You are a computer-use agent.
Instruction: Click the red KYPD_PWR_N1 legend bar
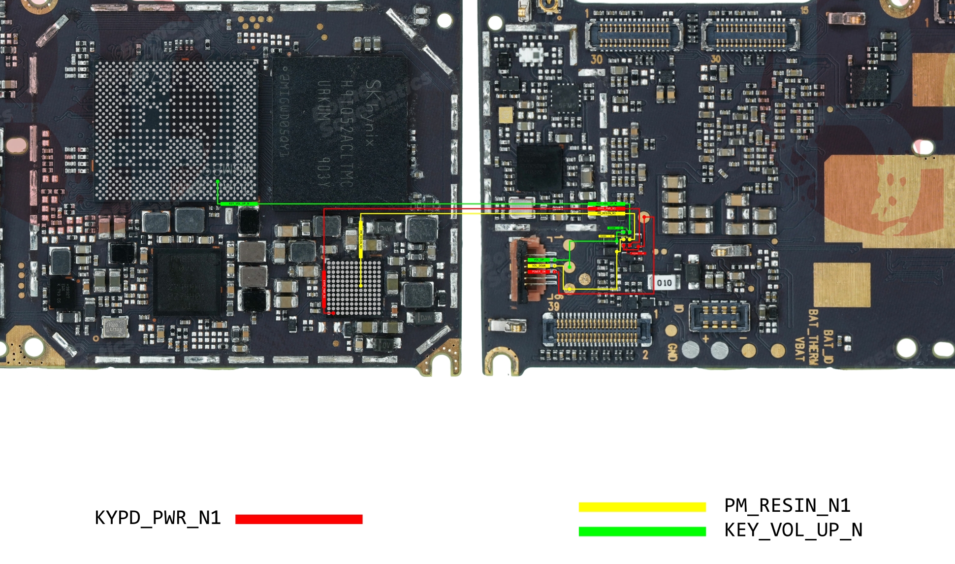pos(299,519)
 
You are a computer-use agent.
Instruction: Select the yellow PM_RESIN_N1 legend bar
pos(642,507)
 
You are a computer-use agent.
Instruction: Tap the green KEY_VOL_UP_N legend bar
pos(642,531)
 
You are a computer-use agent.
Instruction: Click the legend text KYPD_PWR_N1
pos(158,518)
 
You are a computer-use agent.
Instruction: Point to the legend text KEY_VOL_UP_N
pos(793,530)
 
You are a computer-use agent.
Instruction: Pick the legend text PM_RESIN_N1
pos(787,506)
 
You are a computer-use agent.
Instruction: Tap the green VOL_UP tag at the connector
pos(539,260)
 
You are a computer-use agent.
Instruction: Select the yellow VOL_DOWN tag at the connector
pos(539,265)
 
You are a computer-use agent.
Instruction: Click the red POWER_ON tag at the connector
pos(539,271)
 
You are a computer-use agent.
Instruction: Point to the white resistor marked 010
pos(665,283)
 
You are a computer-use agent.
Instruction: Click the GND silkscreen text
pos(672,353)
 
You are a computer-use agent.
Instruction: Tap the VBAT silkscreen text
pos(800,349)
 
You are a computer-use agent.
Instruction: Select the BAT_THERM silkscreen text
pos(813,337)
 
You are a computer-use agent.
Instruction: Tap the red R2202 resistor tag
pos(638,253)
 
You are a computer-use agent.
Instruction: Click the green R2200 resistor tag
pos(615,228)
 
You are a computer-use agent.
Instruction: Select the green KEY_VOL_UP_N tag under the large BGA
pos(239,203)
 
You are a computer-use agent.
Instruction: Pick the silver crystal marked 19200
pos(115,327)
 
